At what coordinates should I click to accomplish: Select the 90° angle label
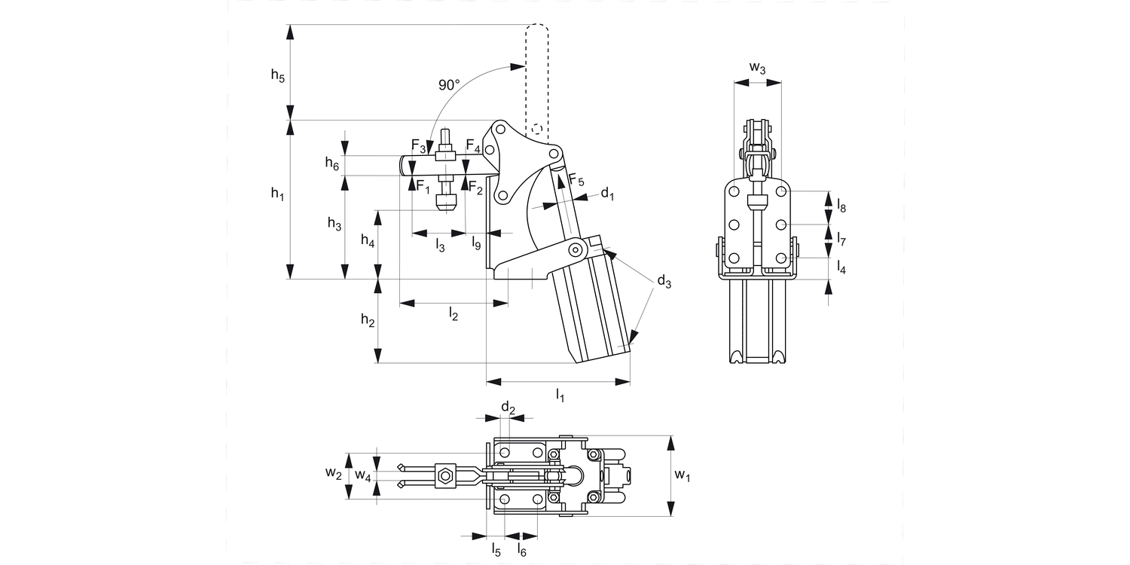[449, 85]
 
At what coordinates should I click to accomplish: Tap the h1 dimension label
[278, 194]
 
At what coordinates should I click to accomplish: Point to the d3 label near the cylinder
[663, 282]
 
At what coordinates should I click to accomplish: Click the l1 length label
[560, 395]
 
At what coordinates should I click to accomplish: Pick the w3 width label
[758, 69]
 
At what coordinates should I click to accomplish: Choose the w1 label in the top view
[682, 475]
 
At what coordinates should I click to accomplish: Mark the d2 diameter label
[508, 409]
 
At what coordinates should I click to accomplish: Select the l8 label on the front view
[841, 203]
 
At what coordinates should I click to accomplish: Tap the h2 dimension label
[368, 320]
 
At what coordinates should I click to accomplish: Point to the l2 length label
[453, 313]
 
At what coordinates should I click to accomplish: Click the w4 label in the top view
[363, 475]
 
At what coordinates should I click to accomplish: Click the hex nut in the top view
[445, 475]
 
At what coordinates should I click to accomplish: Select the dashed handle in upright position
[536, 75]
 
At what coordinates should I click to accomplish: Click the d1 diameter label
[607, 194]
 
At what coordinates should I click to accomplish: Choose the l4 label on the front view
[841, 266]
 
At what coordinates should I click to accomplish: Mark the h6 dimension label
[332, 163]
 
